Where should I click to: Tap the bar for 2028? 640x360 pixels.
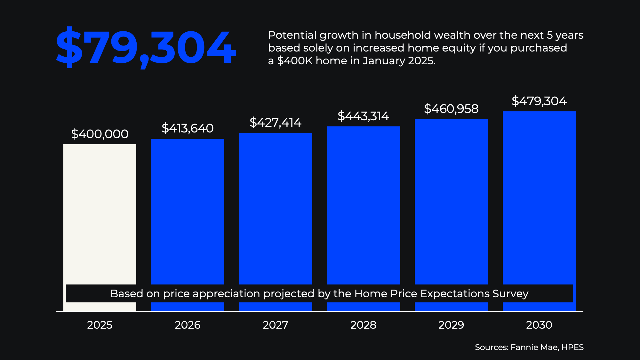(364, 205)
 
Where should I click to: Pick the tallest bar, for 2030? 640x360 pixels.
(539, 198)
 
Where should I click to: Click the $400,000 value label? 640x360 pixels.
(100, 134)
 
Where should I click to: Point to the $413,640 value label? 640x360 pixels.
(188, 128)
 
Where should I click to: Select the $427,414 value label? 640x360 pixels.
(276, 123)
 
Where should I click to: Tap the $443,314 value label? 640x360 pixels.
(364, 116)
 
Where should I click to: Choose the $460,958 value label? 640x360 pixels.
(451, 109)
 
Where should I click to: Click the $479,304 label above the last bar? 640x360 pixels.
(539, 101)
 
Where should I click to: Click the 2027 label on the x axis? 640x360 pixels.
(276, 325)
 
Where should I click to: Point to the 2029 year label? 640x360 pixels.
(451, 325)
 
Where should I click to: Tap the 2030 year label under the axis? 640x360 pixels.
(539, 325)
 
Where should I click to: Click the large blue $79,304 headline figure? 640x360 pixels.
(146, 47)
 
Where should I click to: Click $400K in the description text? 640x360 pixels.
(295, 61)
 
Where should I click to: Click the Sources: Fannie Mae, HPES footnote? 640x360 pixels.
(529, 348)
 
